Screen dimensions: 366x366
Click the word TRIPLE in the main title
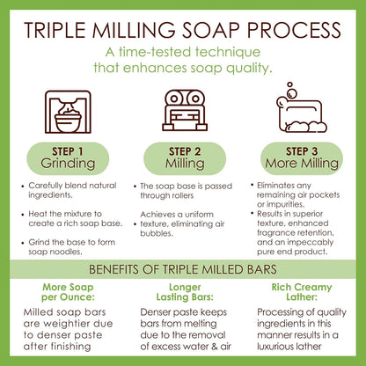[55, 30]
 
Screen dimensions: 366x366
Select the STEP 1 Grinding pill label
[68, 158]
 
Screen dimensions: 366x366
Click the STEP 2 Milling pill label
[185, 158]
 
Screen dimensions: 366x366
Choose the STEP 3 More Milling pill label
[302, 158]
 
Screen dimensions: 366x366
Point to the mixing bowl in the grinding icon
[68, 121]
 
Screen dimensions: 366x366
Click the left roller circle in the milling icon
[174, 99]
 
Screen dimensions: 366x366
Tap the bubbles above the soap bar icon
[291, 90]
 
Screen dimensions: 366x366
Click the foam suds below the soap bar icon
[306, 127]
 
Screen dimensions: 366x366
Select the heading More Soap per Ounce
[68, 292]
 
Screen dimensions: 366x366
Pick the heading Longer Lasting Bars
[185, 292]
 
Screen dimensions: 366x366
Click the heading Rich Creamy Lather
[302, 292]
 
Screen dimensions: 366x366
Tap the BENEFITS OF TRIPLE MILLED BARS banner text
[183, 269]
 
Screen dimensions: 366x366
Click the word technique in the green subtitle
[228, 52]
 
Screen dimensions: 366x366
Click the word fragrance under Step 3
[274, 233]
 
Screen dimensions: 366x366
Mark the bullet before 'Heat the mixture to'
[23, 215]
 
